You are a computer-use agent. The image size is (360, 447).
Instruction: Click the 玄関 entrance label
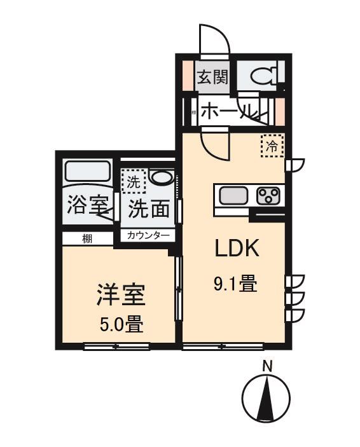212,77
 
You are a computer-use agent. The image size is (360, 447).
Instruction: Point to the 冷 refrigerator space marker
272,146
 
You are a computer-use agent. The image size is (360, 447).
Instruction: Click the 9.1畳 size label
235,283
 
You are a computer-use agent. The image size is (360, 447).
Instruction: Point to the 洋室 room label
121,295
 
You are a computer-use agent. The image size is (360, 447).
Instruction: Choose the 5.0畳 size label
121,324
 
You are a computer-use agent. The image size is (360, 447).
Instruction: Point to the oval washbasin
162,177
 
